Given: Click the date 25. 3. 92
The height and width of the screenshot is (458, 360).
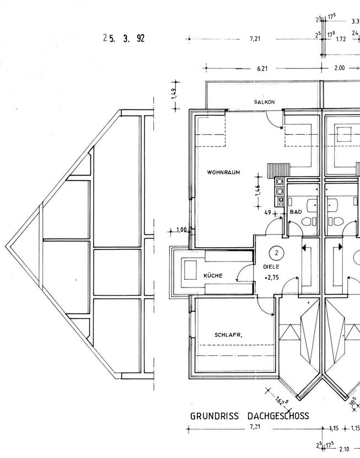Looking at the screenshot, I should pyautogui.click(x=123, y=39).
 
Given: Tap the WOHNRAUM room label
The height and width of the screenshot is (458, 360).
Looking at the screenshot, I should pyautogui.click(x=223, y=173).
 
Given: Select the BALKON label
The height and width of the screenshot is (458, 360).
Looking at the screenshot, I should pyautogui.click(x=264, y=102).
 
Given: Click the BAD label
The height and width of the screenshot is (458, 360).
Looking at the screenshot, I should pyautogui.click(x=295, y=212).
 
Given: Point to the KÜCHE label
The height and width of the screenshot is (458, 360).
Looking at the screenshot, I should pyautogui.click(x=212, y=275).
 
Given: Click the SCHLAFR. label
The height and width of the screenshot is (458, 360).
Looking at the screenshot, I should pyautogui.click(x=228, y=335).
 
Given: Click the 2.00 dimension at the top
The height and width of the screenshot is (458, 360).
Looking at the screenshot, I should pyautogui.click(x=339, y=68).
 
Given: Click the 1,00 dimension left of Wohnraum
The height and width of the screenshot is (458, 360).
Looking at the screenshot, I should pyautogui.click(x=181, y=230).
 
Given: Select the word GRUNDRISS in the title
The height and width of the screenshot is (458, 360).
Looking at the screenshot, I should pyautogui.click(x=215, y=416).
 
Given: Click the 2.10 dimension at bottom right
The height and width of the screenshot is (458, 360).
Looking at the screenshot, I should pyautogui.click(x=345, y=449).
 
